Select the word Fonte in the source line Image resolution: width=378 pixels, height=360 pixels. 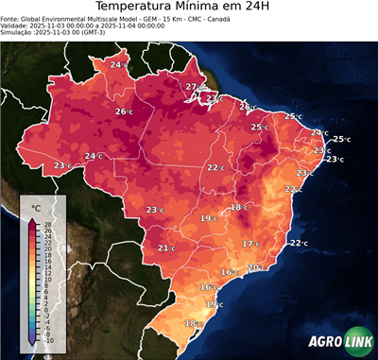11,18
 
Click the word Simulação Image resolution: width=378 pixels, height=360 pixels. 18,32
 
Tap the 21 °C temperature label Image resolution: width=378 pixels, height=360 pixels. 166,249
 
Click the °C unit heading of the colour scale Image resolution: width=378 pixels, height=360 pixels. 37,206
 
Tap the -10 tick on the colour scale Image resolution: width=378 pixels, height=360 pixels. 47,340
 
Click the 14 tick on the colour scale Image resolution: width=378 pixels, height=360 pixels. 47,266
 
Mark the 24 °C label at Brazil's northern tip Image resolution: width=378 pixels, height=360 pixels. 116,64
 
